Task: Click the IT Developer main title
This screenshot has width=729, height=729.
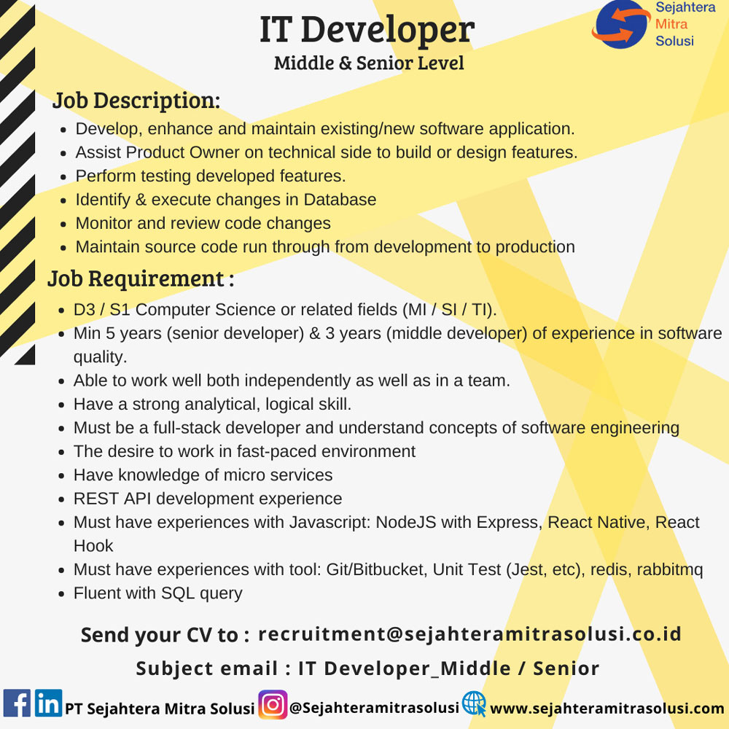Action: [367, 30]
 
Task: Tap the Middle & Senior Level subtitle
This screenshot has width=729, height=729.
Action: [369, 63]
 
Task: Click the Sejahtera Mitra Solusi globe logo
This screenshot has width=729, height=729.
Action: [620, 24]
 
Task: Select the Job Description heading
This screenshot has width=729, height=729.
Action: [136, 101]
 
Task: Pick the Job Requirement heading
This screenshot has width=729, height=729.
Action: [141, 279]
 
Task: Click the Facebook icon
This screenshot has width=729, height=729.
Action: [17, 703]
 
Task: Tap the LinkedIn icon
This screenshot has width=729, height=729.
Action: [48, 703]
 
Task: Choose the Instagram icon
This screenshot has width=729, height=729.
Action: [273, 705]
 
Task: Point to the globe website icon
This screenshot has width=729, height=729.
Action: [475, 704]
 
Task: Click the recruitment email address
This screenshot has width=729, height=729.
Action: [469, 634]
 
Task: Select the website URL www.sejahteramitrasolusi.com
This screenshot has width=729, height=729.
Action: [607, 709]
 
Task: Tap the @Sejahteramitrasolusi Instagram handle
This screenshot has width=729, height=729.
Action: [374, 708]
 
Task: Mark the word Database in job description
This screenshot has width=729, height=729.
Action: [340, 200]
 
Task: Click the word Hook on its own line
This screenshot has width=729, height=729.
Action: [93, 546]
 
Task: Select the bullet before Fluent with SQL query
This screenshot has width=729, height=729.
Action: [61, 594]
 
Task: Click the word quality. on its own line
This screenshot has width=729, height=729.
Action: [101, 357]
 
